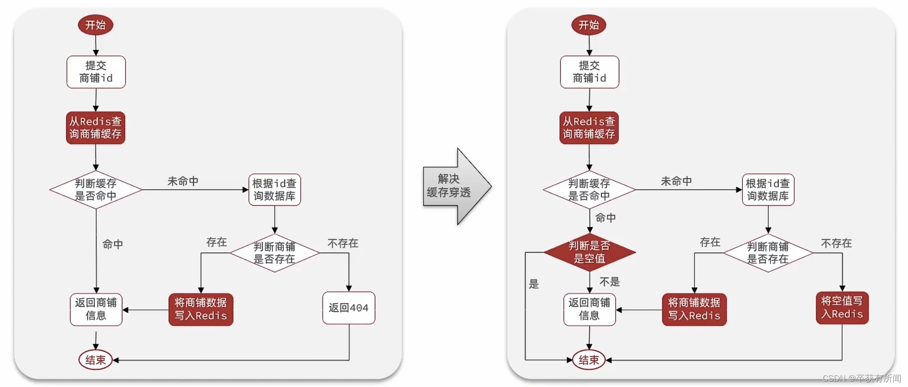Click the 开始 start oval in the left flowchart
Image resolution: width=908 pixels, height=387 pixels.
click(95, 25)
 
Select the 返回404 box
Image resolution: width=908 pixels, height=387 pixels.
click(348, 308)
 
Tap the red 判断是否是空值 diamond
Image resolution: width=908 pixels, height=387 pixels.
click(589, 252)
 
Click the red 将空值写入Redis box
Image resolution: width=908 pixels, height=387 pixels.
click(842, 308)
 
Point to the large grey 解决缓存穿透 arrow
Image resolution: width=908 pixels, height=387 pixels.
click(454, 186)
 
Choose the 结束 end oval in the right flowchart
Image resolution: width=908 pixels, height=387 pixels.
click(589, 360)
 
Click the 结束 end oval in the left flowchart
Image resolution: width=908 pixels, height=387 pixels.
click(95, 360)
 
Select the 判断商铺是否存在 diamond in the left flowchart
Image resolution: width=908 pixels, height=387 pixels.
click(275, 253)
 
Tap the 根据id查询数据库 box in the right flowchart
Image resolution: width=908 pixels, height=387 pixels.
click(768, 190)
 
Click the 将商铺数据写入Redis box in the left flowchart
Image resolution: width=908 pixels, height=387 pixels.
click(201, 309)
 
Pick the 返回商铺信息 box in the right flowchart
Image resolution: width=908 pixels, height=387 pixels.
click(589, 309)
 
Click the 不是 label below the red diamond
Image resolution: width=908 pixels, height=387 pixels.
click(609, 281)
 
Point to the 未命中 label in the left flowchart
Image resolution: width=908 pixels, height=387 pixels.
click(183, 181)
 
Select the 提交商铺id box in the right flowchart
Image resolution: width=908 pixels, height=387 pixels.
click(589, 72)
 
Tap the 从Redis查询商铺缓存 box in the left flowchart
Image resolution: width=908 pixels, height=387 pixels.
click(95, 128)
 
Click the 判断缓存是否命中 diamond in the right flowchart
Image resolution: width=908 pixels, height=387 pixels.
click(589, 190)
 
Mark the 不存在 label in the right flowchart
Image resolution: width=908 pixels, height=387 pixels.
click(836, 243)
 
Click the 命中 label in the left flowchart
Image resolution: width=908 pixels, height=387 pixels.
click(113, 244)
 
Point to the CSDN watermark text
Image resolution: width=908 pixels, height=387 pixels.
click(862, 378)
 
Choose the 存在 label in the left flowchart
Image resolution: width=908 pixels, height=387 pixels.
click(216, 242)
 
